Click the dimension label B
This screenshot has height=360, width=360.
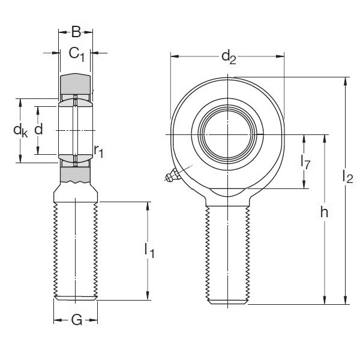click(x=76, y=32)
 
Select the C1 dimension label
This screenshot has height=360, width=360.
click(x=77, y=55)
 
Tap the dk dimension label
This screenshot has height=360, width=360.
click(x=21, y=131)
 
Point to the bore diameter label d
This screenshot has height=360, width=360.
click(x=38, y=129)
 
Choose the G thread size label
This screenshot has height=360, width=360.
click(x=76, y=320)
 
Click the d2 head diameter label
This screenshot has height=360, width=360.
click(x=229, y=57)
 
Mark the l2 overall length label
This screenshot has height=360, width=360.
click(x=347, y=176)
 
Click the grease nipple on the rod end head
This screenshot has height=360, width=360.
click(x=171, y=176)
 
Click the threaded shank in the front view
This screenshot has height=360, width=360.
click(x=228, y=252)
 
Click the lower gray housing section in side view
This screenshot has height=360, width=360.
click(x=76, y=175)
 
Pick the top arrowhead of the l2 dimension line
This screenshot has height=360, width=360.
click(x=346, y=80)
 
